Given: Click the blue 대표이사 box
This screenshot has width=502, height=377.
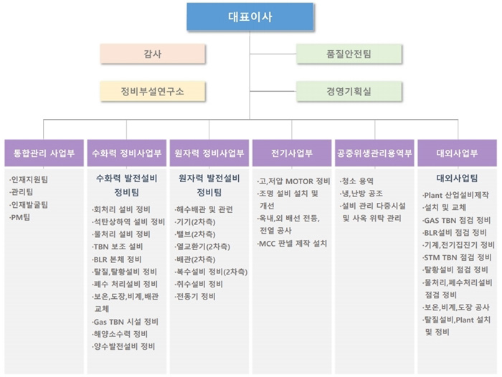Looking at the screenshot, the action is [x=250, y=16].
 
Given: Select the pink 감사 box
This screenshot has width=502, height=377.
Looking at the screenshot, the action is [x=152, y=54].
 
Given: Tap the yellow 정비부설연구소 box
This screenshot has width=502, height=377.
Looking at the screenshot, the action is [x=152, y=91].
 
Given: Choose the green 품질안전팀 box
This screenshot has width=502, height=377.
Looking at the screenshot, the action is [x=349, y=54].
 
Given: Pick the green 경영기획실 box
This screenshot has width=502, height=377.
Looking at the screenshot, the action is [x=349, y=91].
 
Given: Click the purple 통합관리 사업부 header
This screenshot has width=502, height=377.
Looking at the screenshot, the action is [x=44, y=153].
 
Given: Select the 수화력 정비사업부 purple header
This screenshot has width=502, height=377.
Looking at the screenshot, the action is [x=127, y=153].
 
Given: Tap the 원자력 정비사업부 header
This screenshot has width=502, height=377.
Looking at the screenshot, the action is [x=209, y=153].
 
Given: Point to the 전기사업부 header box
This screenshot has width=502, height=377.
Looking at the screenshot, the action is [x=292, y=153].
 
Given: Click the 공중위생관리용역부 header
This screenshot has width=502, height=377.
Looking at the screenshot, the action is [x=374, y=153].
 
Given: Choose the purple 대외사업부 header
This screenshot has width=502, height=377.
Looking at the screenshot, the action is [x=458, y=153].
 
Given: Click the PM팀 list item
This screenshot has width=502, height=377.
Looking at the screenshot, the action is [x=20, y=217].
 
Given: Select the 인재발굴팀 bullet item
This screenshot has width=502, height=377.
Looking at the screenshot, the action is [x=29, y=205].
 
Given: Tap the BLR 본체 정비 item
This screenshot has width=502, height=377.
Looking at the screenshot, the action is [x=117, y=259].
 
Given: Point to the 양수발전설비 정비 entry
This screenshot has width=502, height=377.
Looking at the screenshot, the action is [x=123, y=346].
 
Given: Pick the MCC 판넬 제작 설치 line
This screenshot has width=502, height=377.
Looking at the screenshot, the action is [x=293, y=244].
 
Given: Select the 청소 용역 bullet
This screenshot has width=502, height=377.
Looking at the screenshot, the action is [x=356, y=181].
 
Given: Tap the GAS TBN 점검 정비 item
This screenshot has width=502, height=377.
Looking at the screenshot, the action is [x=457, y=220].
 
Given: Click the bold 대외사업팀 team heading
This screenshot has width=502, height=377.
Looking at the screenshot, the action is [x=458, y=178].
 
